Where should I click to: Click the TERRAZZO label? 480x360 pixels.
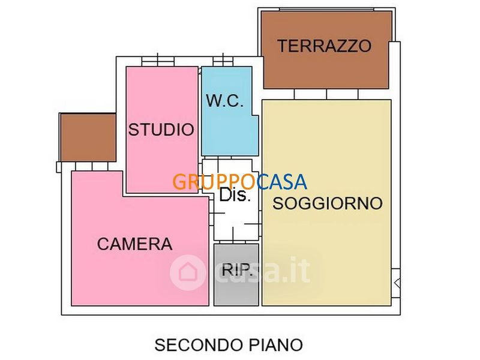click(x=325, y=46)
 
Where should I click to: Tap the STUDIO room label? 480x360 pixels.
click(x=161, y=130)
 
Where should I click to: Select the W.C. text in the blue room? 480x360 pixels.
click(x=225, y=101)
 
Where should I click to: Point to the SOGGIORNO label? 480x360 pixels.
click(x=328, y=203)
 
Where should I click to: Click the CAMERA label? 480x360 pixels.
click(x=134, y=244)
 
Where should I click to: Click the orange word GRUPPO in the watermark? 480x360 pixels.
click(x=214, y=182)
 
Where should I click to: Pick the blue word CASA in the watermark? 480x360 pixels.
click(x=281, y=182)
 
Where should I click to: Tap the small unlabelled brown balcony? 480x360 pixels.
click(x=88, y=137)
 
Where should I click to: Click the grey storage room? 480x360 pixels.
click(x=236, y=275)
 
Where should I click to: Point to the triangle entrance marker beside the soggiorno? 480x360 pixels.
click(x=397, y=283)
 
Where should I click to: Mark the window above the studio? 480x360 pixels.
click(x=158, y=61)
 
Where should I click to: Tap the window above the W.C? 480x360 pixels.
click(x=223, y=61)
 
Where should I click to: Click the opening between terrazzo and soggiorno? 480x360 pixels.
click(x=326, y=94)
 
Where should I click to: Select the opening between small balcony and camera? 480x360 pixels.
click(x=92, y=166)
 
